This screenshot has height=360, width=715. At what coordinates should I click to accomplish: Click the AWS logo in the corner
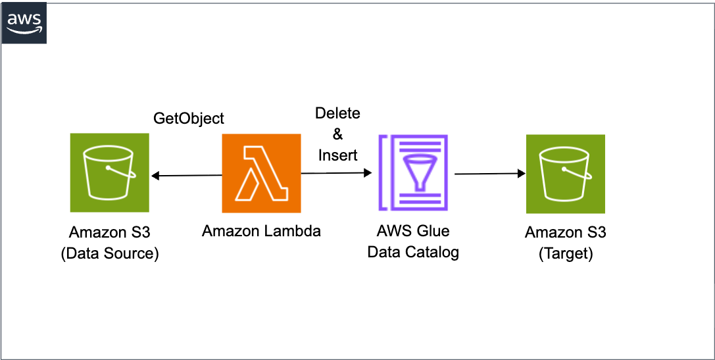[24, 24]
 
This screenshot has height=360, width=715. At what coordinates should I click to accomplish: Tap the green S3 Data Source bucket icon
[110, 172]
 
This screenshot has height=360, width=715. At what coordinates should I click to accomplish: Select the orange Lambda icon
[261, 173]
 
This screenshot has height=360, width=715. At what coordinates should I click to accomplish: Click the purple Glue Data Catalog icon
[412, 173]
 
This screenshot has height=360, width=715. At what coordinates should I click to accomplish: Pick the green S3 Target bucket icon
[565, 174]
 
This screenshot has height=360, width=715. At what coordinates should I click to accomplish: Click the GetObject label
[189, 118]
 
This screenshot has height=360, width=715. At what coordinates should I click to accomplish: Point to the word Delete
[337, 113]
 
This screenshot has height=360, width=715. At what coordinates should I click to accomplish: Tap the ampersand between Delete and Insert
[337, 134]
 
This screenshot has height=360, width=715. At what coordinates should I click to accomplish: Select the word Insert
[337, 155]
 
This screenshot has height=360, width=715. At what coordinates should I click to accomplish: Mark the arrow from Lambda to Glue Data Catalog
[336, 173]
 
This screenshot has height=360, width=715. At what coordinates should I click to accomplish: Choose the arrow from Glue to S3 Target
[490, 174]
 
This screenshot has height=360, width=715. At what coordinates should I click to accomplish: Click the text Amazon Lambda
[261, 231]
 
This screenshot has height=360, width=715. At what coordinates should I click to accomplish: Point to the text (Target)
[566, 254]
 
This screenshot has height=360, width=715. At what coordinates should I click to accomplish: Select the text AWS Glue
[412, 231]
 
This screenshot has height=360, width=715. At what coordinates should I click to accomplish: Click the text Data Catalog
[412, 252]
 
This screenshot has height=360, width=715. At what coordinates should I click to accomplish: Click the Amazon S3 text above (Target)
[566, 232]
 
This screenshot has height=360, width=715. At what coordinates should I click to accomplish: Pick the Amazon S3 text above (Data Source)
[110, 232]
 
